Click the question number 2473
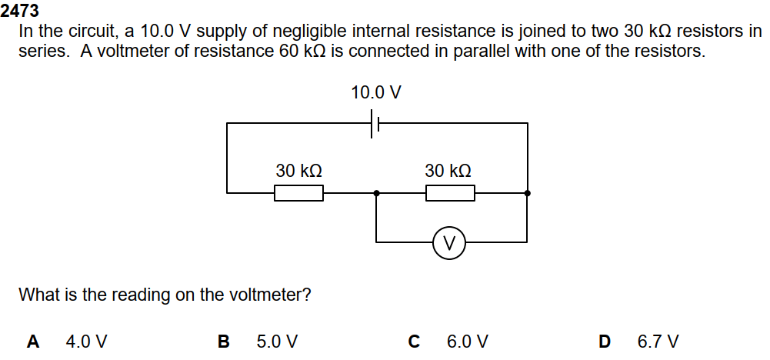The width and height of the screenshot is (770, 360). click(x=20, y=12)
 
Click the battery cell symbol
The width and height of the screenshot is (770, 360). click(x=376, y=123)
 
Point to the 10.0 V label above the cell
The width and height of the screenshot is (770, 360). click(x=375, y=93)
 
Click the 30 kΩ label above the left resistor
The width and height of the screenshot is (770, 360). click(x=298, y=171)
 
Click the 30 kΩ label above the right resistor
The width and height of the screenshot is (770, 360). click(x=448, y=171)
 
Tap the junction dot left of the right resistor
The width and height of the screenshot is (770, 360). click(x=376, y=193)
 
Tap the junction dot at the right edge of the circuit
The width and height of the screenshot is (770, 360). click(x=527, y=193)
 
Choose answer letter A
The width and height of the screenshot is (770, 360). click(x=33, y=341)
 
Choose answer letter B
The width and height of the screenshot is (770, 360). click(x=224, y=341)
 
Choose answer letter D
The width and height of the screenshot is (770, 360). click(x=605, y=341)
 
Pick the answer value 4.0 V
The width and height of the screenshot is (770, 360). click(x=87, y=341)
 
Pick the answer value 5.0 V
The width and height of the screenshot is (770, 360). click(x=277, y=341)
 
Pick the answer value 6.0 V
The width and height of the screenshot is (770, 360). click(x=467, y=341)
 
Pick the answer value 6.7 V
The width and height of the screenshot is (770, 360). click(x=658, y=341)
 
